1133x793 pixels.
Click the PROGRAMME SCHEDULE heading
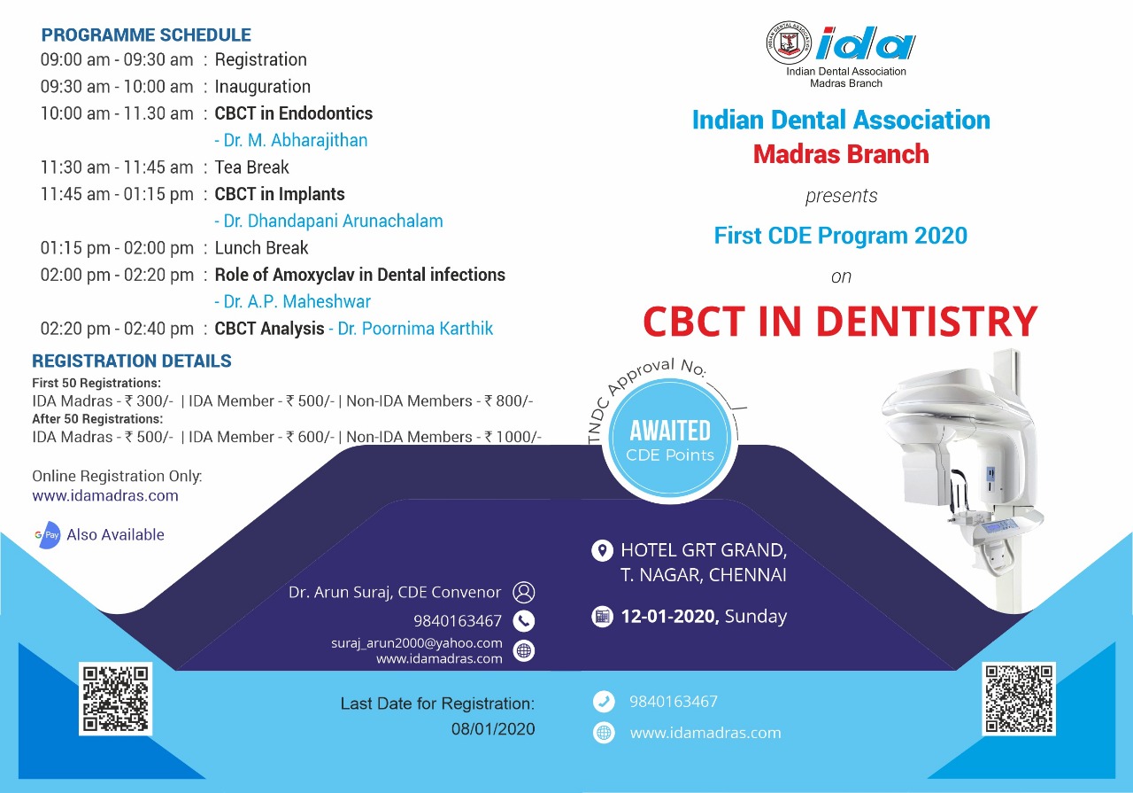coord(146,35)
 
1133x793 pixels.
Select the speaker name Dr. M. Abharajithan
coord(291,140)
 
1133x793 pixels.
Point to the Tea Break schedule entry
coord(251,167)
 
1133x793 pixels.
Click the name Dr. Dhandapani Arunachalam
coord(328,221)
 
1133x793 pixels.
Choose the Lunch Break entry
coord(261,248)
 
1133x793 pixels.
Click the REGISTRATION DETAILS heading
coord(132,362)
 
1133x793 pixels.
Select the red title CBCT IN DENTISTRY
coord(839,322)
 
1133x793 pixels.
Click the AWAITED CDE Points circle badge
coord(670,441)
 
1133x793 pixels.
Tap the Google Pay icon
coord(47,535)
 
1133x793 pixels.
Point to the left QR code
coord(116,698)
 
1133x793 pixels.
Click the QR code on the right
coord(1018,698)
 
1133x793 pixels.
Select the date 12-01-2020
coord(670,617)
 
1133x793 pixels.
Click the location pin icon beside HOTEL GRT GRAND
coord(602,551)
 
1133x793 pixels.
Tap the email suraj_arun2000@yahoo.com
coord(417,643)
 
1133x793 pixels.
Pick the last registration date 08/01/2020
coord(492,729)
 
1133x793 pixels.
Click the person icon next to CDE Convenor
coord(524,592)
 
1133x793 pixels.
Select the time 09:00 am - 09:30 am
coord(117,60)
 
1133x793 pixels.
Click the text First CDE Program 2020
coord(840,236)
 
